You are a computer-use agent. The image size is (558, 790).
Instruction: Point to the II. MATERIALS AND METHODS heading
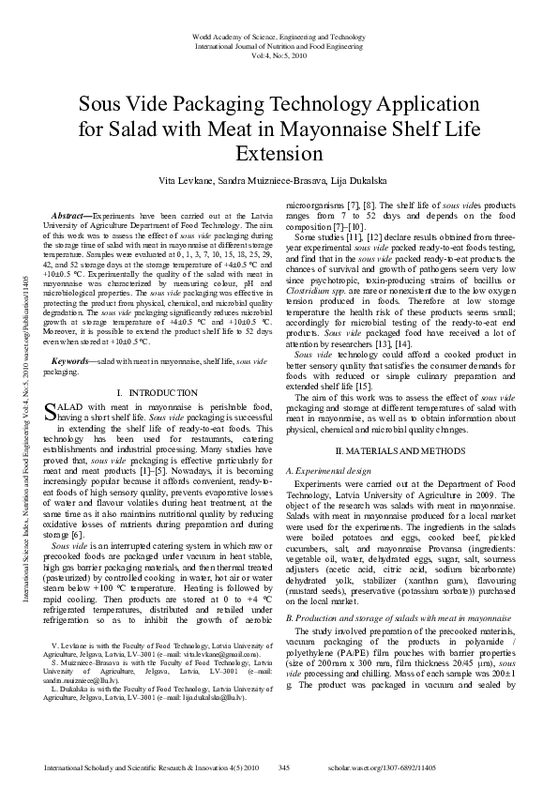(x=394, y=450)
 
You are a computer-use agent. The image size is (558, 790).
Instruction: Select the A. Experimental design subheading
(x=333, y=468)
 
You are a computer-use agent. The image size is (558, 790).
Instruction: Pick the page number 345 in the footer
(x=284, y=767)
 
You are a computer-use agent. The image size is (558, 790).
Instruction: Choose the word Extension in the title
(x=279, y=153)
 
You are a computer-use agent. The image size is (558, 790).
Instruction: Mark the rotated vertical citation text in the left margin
(x=22, y=375)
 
